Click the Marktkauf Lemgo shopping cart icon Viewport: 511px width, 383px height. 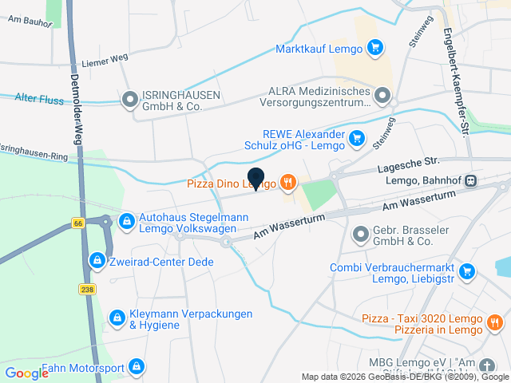click(x=375, y=48)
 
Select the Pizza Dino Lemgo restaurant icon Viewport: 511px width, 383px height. click(x=288, y=184)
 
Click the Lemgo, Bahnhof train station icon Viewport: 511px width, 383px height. click(x=472, y=181)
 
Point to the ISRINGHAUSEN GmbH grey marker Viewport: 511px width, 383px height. click(x=129, y=100)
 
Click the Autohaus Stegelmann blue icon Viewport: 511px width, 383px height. click(x=125, y=221)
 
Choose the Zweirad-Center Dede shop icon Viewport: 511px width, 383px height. click(x=97, y=261)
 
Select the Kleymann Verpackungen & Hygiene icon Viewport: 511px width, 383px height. click(x=117, y=318)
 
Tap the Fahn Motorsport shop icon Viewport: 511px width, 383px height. click(x=137, y=367)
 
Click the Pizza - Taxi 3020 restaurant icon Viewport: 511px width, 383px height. click(x=494, y=323)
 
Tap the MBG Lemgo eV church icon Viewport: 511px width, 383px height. click(x=488, y=366)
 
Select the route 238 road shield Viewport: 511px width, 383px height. click(x=87, y=290)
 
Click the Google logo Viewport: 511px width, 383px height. click(x=26, y=373)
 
